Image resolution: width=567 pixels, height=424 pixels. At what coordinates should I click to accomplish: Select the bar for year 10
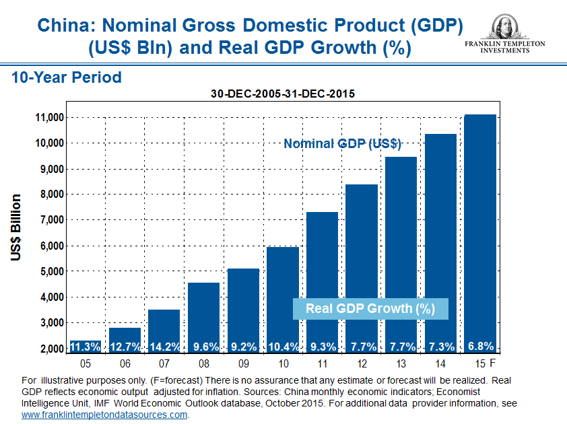(283, 296)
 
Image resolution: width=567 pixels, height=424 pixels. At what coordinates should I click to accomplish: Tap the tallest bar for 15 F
(480, 229)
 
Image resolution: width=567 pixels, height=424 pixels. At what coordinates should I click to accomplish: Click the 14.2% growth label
(164, 347)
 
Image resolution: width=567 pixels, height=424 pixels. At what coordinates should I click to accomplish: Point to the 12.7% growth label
(125, 347)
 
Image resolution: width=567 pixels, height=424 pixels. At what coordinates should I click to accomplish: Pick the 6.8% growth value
(480, 347)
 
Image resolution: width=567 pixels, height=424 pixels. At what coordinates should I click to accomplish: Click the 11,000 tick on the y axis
(48, 117)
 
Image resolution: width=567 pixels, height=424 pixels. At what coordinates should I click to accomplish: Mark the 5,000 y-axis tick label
(51, 271)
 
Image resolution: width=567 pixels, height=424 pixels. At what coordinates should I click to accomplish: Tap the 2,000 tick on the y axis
(51, 349)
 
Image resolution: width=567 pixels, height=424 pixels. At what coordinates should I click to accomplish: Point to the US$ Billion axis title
(16, 227)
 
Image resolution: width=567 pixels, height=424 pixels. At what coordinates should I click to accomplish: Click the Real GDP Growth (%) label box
(370, 308)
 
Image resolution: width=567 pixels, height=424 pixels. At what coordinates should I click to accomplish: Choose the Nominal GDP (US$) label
(342, 143)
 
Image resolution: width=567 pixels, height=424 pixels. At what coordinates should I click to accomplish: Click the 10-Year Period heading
(67, 77)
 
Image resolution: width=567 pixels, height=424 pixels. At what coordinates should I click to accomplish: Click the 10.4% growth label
(283, 347)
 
